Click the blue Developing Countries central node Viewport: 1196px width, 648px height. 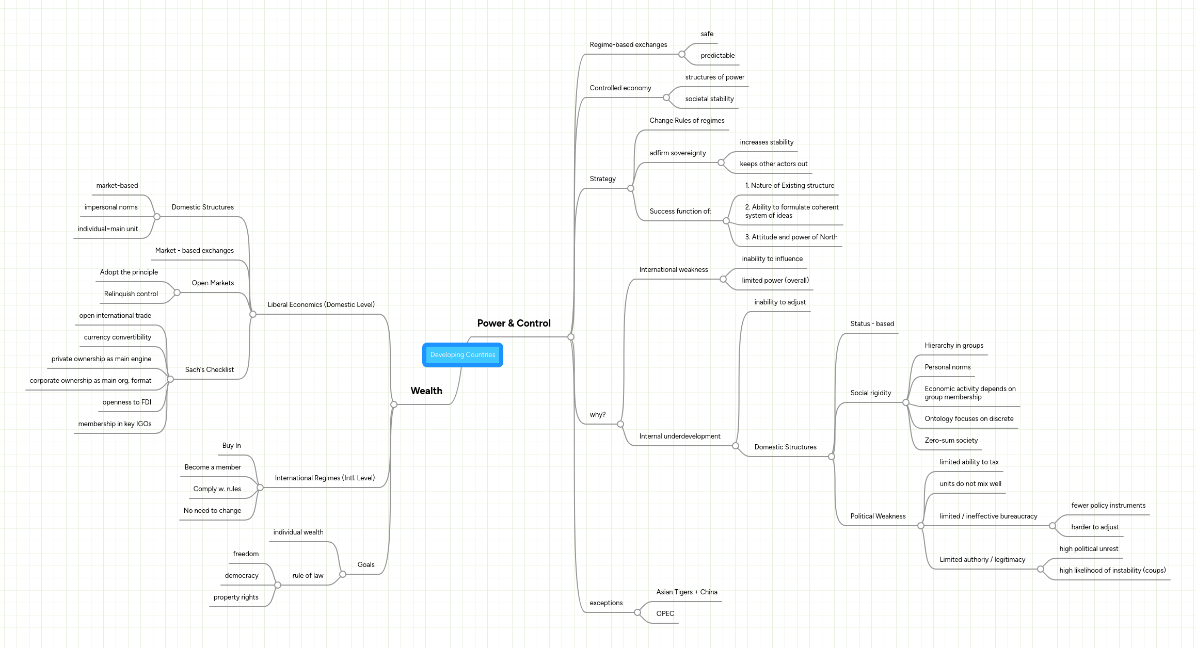click(463, 355)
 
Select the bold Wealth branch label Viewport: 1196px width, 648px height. click(426, 391)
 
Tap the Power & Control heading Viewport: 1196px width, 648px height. click(514, 323)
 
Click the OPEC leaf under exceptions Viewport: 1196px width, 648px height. click(665, 613)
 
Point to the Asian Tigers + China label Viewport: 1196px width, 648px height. click(687, 592)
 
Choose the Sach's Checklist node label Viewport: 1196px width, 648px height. click(209, 369)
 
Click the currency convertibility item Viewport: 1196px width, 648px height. click(117, 337)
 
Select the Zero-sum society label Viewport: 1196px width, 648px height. click(951, 440)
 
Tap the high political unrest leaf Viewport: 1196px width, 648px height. click(1089, 548)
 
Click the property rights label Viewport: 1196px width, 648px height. click(236, 597)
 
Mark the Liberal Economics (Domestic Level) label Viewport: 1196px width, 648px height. click(321, 304)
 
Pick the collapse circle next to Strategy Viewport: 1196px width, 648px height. click(630, 188)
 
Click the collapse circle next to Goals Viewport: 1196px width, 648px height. click(343, 574)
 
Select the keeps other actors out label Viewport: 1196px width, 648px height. click(773, 164)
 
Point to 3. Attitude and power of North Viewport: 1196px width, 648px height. click(791, 237)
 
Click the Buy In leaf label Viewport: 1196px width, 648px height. click(231, 445)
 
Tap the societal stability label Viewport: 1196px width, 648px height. click(709, 99)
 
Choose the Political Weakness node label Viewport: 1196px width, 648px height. click(878, 516)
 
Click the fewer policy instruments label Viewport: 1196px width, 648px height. click(1108, 505)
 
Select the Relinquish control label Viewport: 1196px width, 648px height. click(131, 294)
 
